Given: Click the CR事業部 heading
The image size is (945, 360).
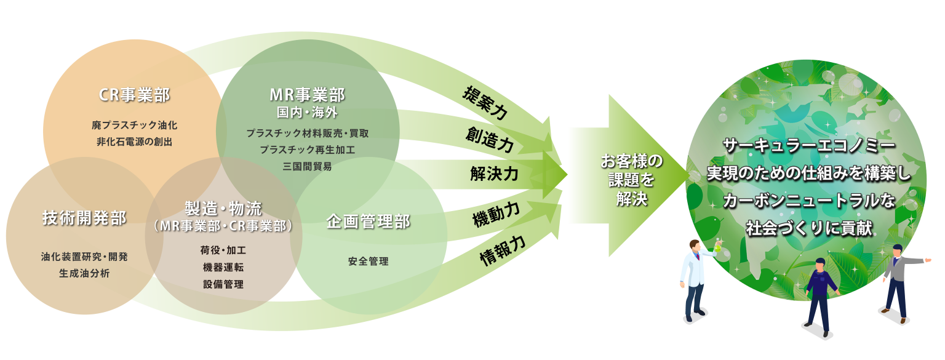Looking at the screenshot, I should tap(134, 95).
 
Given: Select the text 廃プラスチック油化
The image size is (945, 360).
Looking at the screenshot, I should tap(134, 125).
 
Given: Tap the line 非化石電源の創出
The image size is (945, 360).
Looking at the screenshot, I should tap(134, 142).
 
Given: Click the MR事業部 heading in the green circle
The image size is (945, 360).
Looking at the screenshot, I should tap(307, 95).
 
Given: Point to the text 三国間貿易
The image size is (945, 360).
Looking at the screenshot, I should tap(307, 166).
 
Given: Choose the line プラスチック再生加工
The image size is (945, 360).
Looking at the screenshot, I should tap(307, 150).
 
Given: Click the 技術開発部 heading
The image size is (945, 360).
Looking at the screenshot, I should tap(84, 218).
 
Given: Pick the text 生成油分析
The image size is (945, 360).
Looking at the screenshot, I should tap(84, 273).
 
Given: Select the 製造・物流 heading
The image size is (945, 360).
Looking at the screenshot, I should tap(223, 208).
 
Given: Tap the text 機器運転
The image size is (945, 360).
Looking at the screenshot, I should tap(223, 267).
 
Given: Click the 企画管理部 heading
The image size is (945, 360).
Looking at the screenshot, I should tap(368, 222).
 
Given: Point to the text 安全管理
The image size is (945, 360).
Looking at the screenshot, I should tap(368, 262).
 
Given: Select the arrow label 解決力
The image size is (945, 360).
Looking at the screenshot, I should tap(493, 174).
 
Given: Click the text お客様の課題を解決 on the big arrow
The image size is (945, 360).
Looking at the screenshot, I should tap(631, 180).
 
